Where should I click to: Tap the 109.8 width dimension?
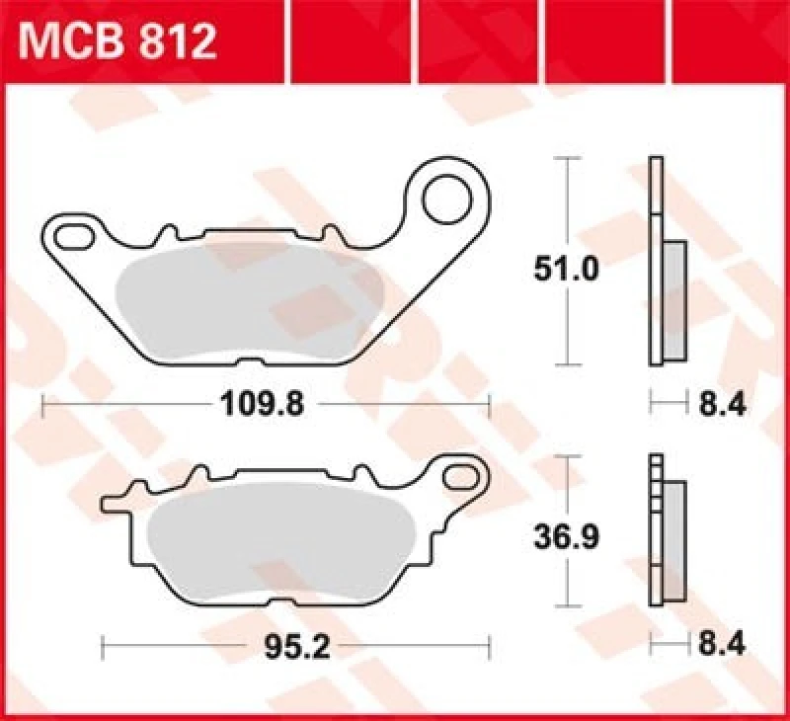[252, 403]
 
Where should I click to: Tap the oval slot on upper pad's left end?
[73, 236]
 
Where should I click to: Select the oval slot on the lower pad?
[459, 477]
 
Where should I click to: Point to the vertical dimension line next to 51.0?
[566, 198]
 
